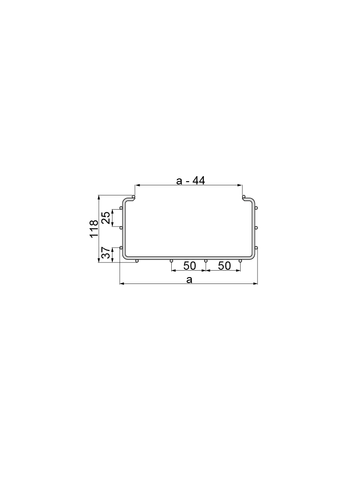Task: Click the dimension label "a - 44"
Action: pos(190,180)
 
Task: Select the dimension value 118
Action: pos(94,229)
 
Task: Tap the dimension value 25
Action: pos(106,217)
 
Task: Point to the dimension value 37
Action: pos(106,253)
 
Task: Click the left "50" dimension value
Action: pos(190,266)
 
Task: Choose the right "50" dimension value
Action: pos(224,266)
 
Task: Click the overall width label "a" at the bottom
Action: pos(189,279)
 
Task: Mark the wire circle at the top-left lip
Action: pos(134,197)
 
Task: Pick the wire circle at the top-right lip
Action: pos(244,197)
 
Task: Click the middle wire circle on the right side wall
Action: pos(256,228)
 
